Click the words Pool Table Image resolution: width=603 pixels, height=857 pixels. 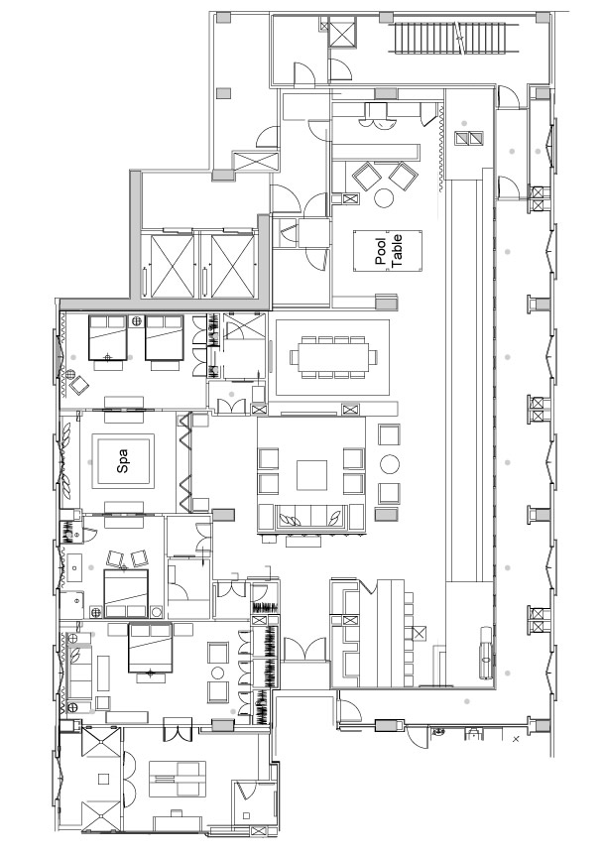[389, 250]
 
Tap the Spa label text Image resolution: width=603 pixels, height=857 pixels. [122, 461]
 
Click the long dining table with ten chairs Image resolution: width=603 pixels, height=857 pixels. [333, 357]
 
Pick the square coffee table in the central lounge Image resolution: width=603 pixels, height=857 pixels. [311, 475]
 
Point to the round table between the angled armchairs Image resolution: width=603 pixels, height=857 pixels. [385, 197]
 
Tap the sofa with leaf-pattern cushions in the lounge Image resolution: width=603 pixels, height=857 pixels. [310, 517]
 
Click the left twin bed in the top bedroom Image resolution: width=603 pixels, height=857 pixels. [108, 338]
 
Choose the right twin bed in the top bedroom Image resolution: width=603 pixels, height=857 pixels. [164, 338]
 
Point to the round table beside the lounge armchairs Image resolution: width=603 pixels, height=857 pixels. [390, 464]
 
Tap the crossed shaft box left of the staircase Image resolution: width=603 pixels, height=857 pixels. [342, 32]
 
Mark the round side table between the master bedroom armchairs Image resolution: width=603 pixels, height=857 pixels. [218, 673]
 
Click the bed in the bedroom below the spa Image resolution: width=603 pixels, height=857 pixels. [126, 593]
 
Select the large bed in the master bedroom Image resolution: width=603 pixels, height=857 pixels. [150, 648]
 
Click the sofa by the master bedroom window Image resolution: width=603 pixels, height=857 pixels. [78, 673]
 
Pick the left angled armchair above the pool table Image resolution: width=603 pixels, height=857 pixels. [367, 176]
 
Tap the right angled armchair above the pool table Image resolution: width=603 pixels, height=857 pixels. [404, 176]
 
